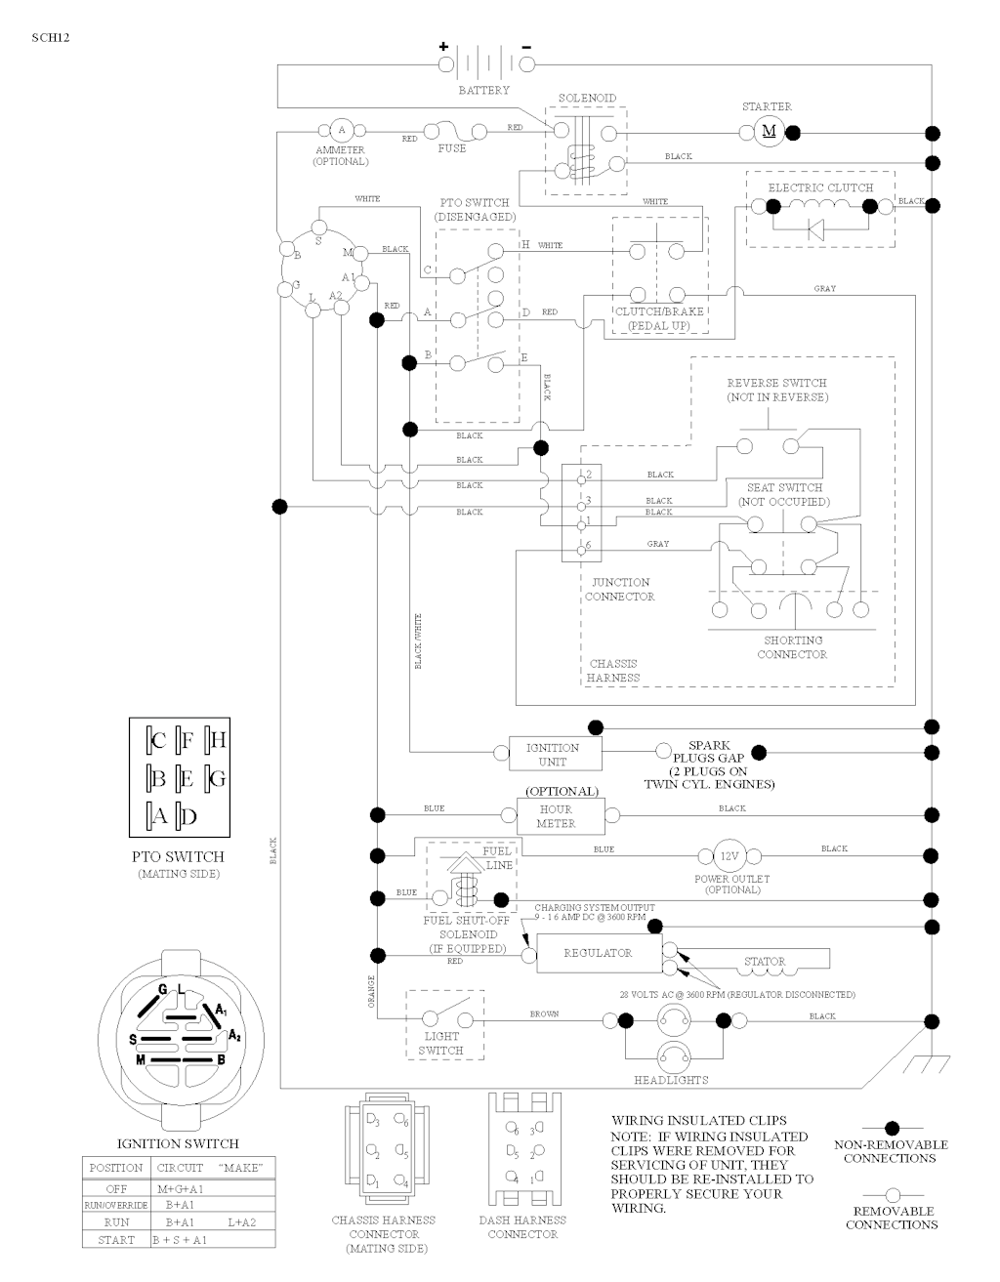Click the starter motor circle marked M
768,131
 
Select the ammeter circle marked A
341,130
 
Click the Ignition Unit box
553,754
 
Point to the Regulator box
598,953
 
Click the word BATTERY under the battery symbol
484,91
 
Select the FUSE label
451,148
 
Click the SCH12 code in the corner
51,38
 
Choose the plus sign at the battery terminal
442,46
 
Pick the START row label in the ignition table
116,1240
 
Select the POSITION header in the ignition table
115,1168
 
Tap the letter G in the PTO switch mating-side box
217,778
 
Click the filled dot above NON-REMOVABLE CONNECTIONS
891,1129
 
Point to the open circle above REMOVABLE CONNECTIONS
891,1194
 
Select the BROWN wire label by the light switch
544,1014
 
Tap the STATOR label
764,962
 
